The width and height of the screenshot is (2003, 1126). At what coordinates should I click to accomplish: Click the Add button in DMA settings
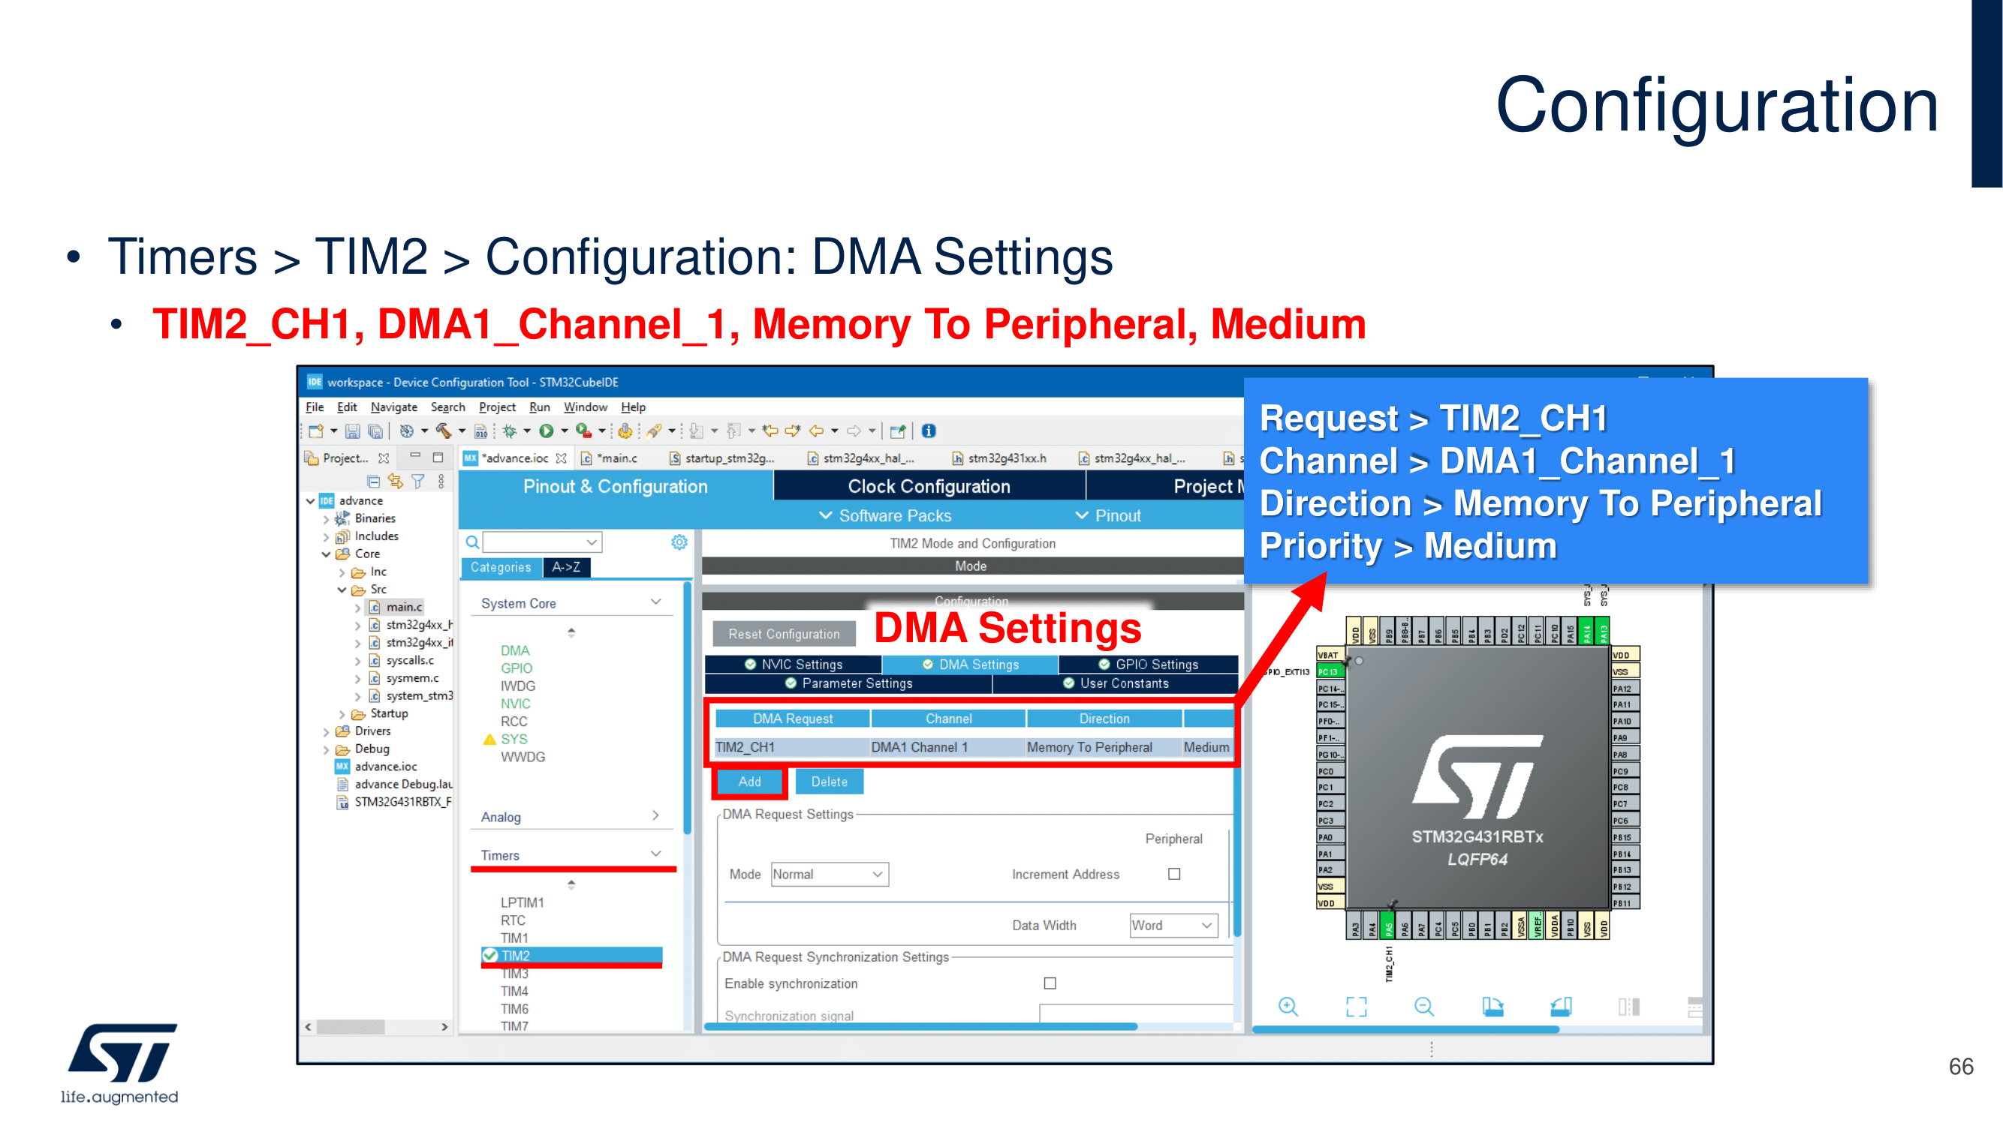click(748, 782)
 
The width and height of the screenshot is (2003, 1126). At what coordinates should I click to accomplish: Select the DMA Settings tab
click(971, 665)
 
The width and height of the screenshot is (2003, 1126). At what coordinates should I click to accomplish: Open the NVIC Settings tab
click(794, 665)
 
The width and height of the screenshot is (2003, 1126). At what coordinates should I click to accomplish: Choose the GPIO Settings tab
click(1149, 665)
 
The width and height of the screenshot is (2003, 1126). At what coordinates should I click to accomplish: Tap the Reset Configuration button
click(783, 634)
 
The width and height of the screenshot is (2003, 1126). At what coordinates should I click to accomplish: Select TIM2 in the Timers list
click(516, 956)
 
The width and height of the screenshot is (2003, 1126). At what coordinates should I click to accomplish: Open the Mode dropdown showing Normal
click(829, 874)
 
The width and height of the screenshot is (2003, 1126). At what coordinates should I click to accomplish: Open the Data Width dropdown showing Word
click(1173, 926)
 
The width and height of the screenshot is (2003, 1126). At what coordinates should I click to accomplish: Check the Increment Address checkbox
click(1174, 874)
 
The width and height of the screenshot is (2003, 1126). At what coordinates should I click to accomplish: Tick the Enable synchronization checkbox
click(1050, 983)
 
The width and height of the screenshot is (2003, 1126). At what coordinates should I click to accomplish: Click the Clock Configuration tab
click(929, 486)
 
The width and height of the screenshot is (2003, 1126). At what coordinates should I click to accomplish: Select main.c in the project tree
click(404, 607)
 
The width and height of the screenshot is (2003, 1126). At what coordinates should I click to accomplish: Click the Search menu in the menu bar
click(448, 407)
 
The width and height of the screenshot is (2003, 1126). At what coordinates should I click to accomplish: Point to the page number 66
click(1961, 1067)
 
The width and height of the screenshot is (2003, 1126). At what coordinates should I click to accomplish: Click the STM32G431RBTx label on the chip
click(1477, 837)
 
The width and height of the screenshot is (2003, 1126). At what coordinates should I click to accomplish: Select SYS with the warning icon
click(514, 739)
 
